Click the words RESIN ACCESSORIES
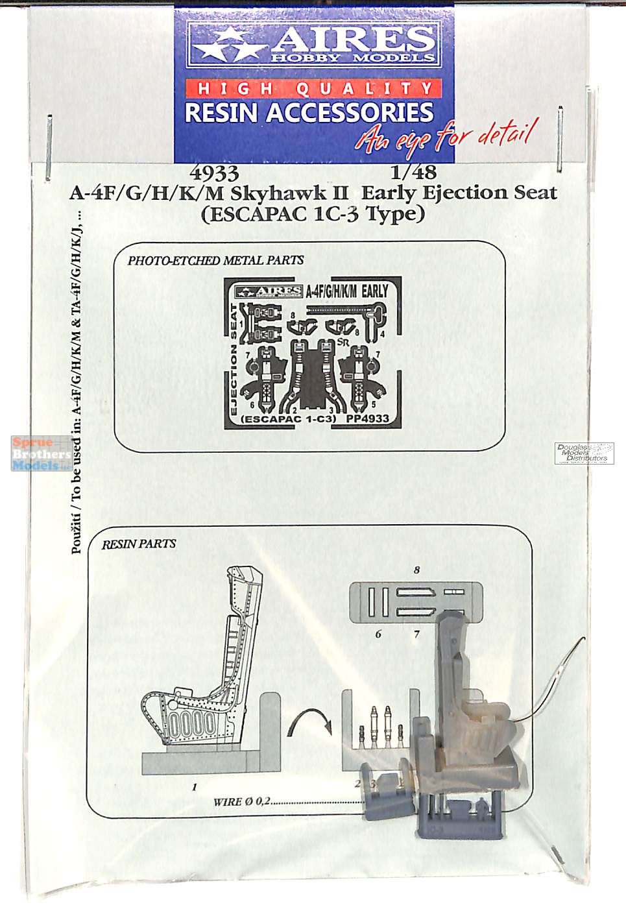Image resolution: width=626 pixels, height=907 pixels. pyautogui.click(x=309, y=112)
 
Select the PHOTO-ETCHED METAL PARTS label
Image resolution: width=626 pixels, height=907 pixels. pyautogui.click(x=215, y=260)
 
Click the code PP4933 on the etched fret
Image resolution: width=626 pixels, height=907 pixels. pyautogui.click(x=367, y=418)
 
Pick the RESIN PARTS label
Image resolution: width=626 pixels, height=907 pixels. pyautogui.click(x=138, y=544)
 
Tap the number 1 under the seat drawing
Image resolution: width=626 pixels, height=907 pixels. pyautogui.click(x=194, y=787)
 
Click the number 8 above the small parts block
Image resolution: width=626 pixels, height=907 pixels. pyautogui.click(x=416, y=570)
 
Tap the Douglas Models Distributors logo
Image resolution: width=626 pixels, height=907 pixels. pyautogui.click(x=584, y=453)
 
